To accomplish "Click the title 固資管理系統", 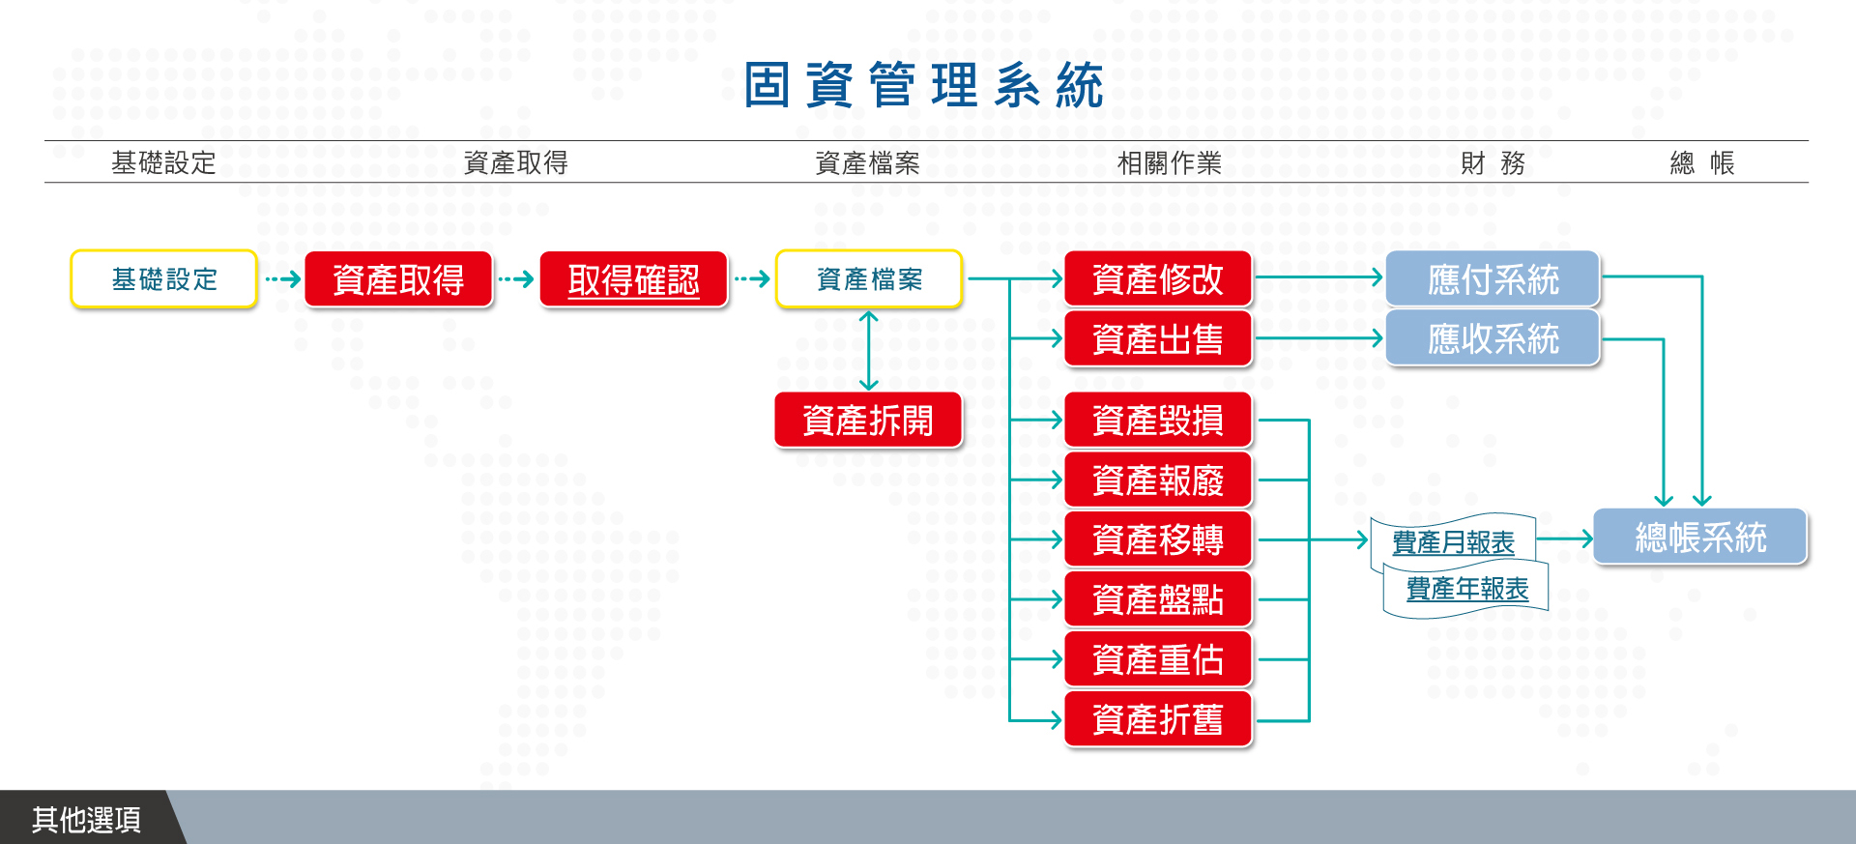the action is (x=923, y=85).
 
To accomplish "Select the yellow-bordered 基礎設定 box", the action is (x=164, y=279).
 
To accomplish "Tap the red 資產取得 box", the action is (x=398, y=279).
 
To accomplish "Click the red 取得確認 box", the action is (x=633, y=279).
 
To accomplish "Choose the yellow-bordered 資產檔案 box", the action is (x=869, y=279).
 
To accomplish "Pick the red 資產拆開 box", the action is (x=868, y=421).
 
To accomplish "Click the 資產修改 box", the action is (x=1158, y=279).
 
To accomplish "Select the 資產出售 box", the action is (x=1158, y=338).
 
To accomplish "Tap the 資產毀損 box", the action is (x=1158, y=421).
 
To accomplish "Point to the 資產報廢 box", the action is (x=1158, y=480).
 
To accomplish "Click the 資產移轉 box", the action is (x=1158, y=539).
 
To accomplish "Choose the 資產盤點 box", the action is (x=1158, y=599).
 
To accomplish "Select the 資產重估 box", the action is (x=1158, y=659).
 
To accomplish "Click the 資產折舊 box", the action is (x=1158, y=719).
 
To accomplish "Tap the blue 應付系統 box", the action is (x=1493, y=279).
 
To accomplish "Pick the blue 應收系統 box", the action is (x=1493, y=338).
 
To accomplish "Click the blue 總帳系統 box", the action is (x=1700, y=537).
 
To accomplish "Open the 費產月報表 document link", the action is (x=1453, y=542).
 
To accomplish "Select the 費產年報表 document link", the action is (x=1466, y=589).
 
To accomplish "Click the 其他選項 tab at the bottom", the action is (x=87, y=819).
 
